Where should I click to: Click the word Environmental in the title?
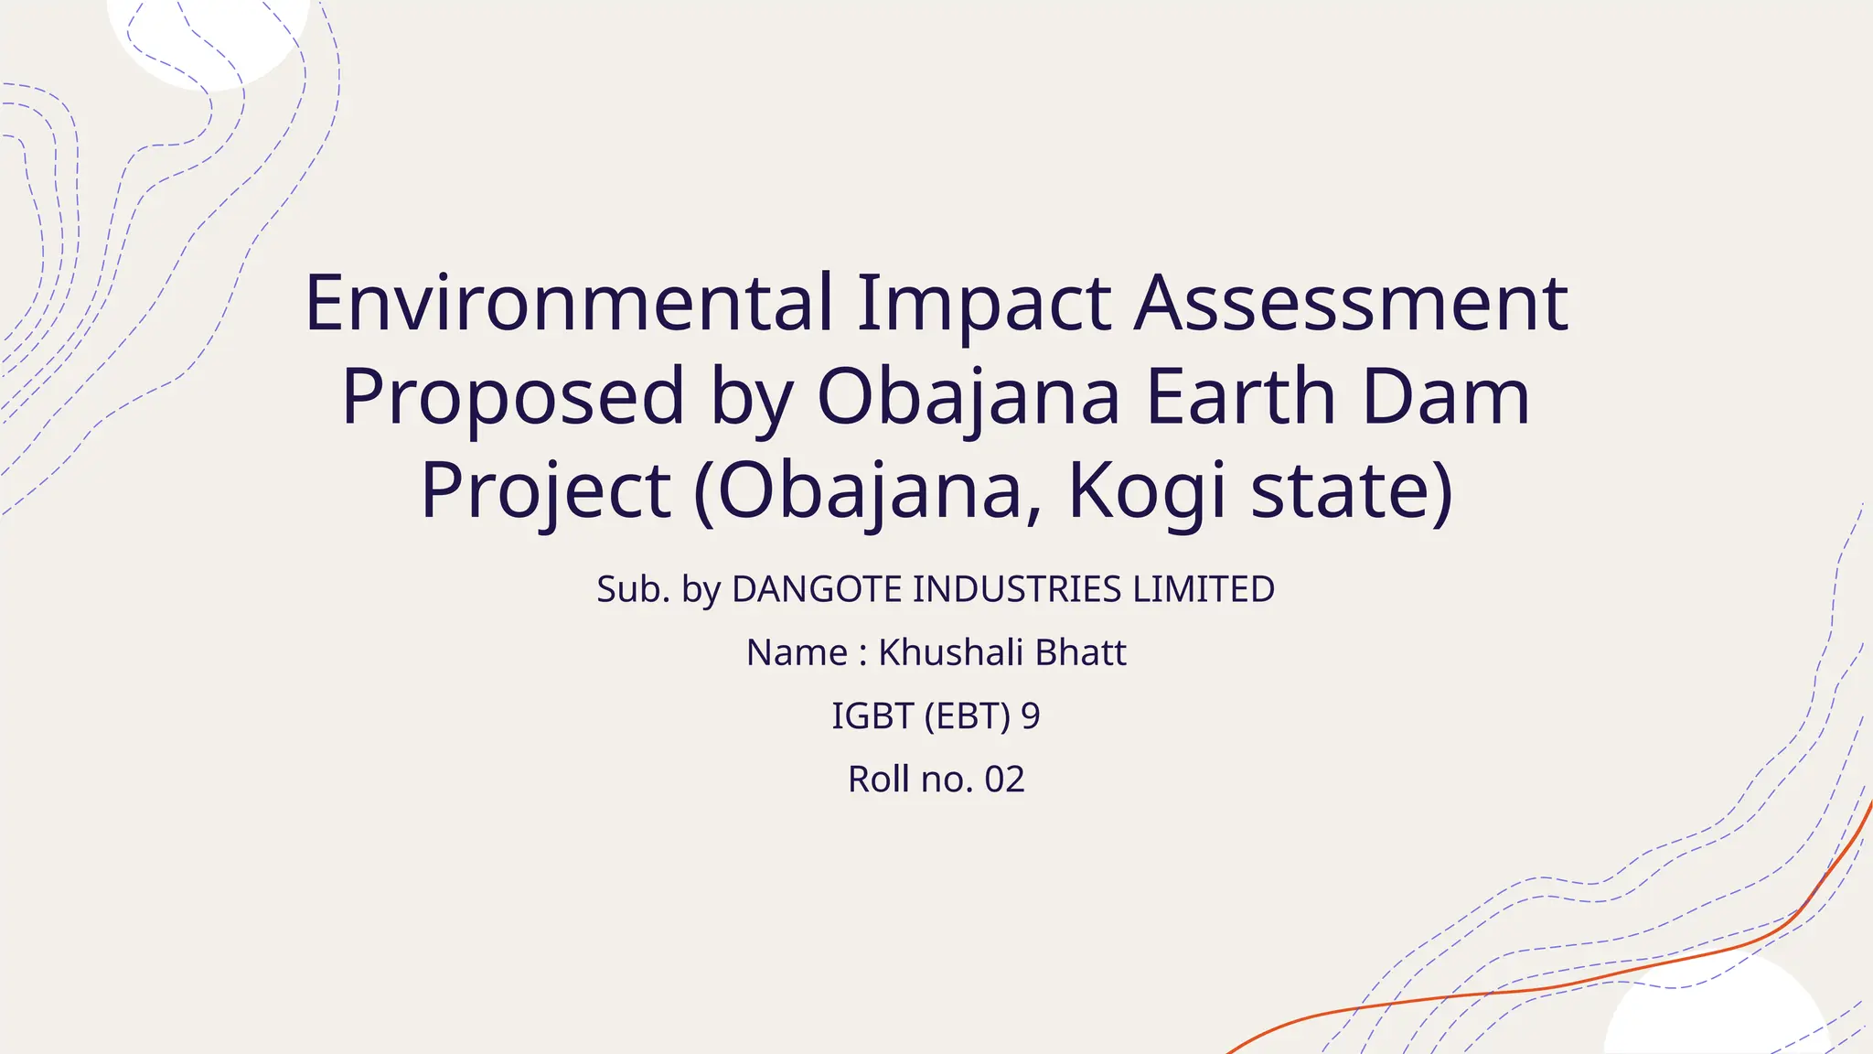[569, 303]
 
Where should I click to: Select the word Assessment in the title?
[1351, 303]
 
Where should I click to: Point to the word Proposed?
[513, 397]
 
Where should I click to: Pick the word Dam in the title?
[1445, 396]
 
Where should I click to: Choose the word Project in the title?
[546, 491]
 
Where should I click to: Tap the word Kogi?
[1147, 491]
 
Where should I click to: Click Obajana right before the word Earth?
[969, 398]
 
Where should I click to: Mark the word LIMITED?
[1204, 589]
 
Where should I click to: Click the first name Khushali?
[950, 652]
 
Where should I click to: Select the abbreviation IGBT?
[872, 715]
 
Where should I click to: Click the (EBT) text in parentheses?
[968, 715]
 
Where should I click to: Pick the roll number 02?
[1004, 780]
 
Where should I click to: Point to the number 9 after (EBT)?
[1031, 715]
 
